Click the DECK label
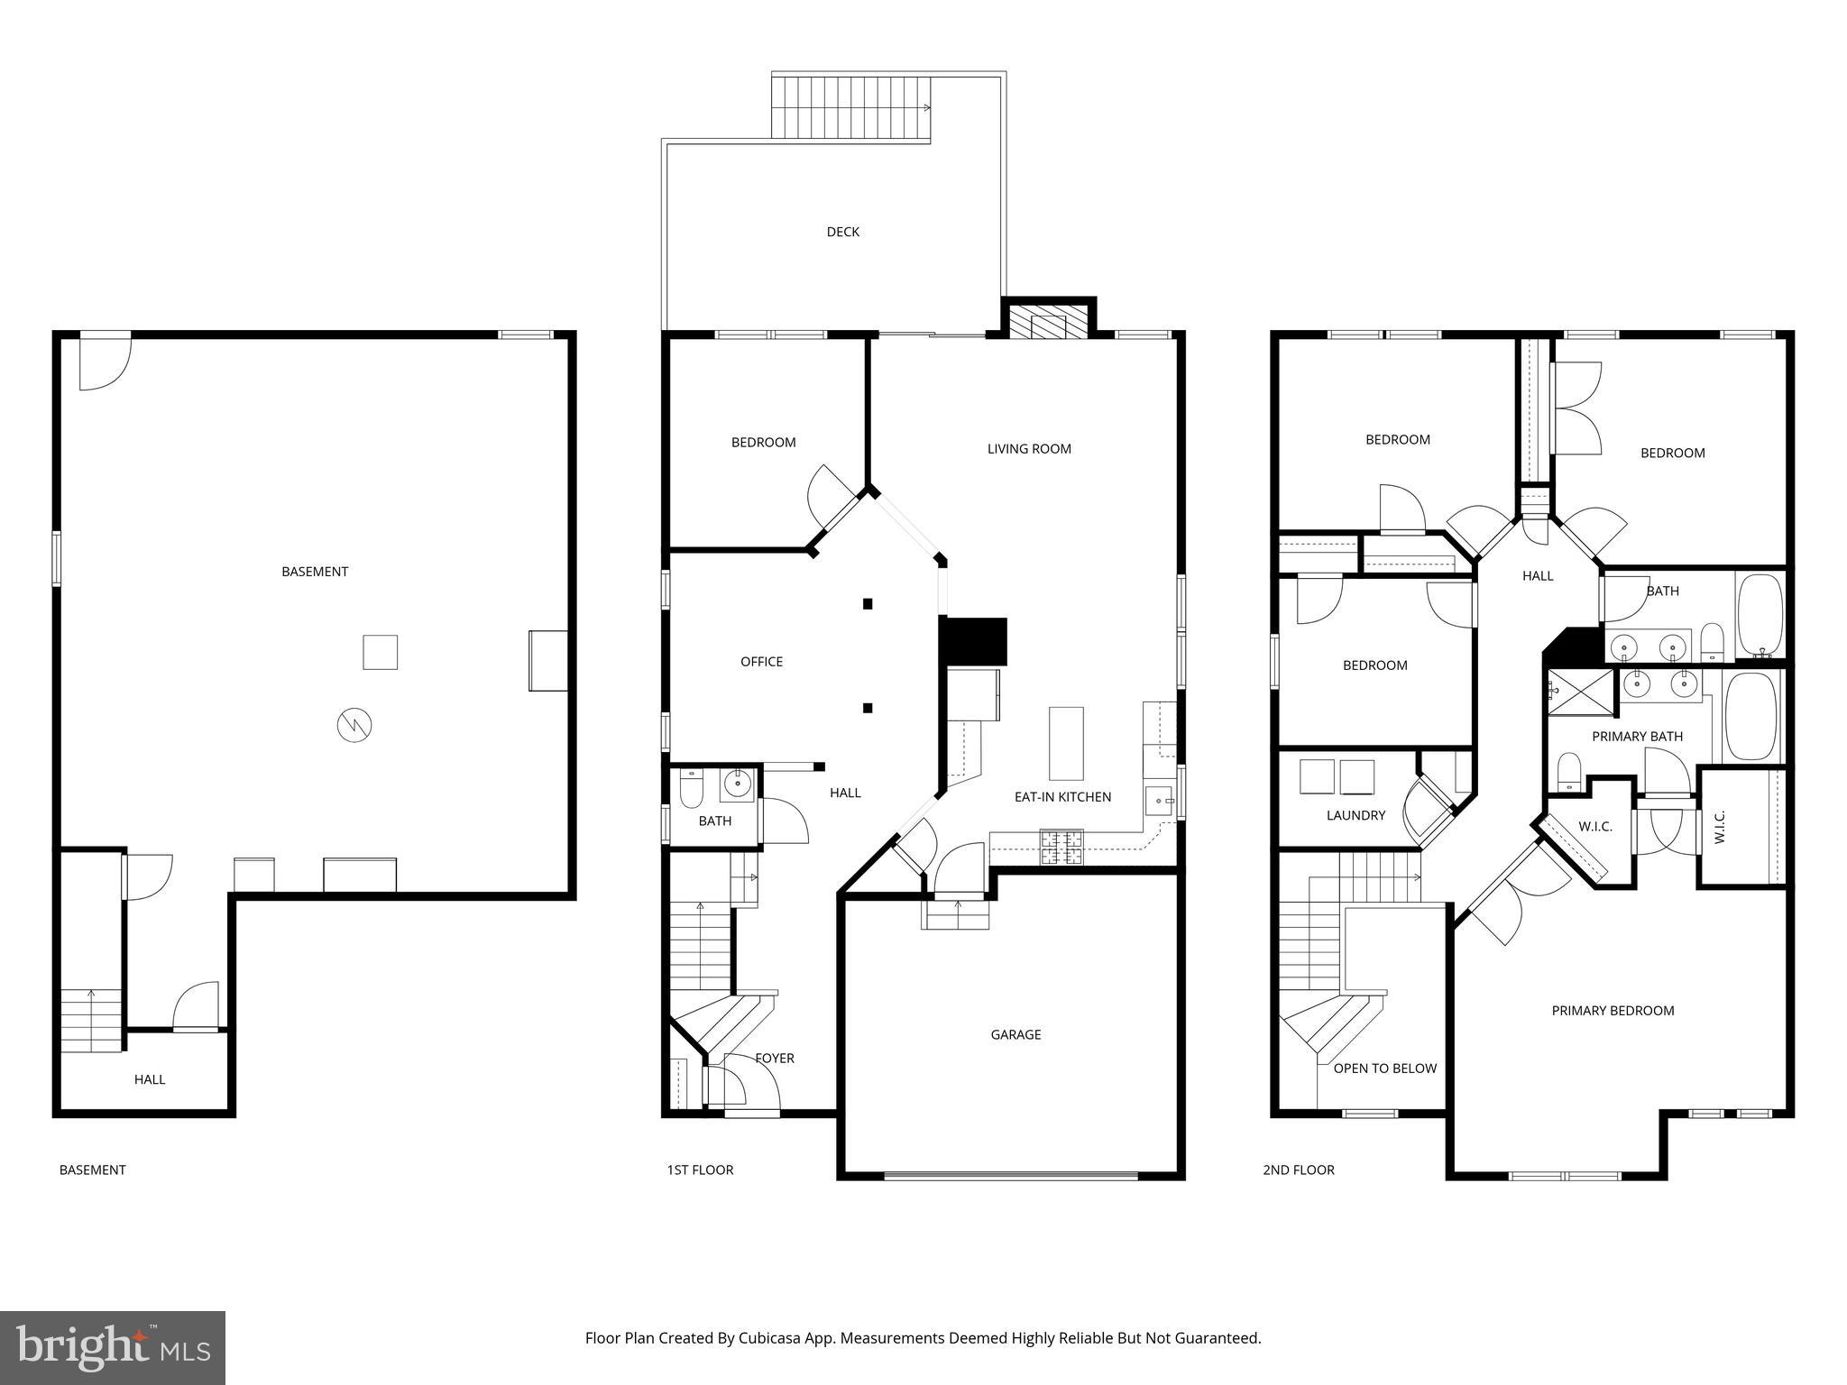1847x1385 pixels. [x=842, y=232]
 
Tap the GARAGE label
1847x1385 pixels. [x=1015, y=1034]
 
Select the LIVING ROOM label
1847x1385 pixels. [x=1028, y=448]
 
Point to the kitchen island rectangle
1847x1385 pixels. [x=1065, y=743]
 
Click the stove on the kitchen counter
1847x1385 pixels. [x=1062, y=847]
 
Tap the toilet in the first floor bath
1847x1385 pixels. [x=692, y=789]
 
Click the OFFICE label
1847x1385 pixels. [x=761, y=661]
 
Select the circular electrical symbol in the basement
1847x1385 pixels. [x=354, y=725]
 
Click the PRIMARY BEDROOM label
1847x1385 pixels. [x=1613, y=1010]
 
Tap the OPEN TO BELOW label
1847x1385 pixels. [x=1384, y=1068]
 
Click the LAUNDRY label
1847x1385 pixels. [x=1355, y=815]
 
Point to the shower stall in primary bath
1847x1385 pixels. [x=1580, y=692]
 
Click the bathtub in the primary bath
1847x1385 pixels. [x=1751, y=717]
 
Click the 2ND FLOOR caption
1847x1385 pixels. [x=1298, y=1169]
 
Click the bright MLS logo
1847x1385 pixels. [x=113, y=1347]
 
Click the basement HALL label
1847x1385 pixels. [x=150, y=1078]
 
